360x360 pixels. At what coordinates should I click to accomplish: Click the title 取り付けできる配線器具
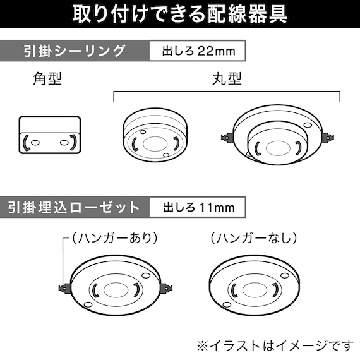pyautogui.click(x=179, y=13)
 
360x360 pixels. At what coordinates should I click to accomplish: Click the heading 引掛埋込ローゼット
pyautogui.click(x=75, y=207)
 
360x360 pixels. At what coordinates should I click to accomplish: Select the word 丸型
pyautogui.click(x=227, y=80)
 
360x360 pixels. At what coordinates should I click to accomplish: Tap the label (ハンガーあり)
pyautogui.click(x=114, y=238)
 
